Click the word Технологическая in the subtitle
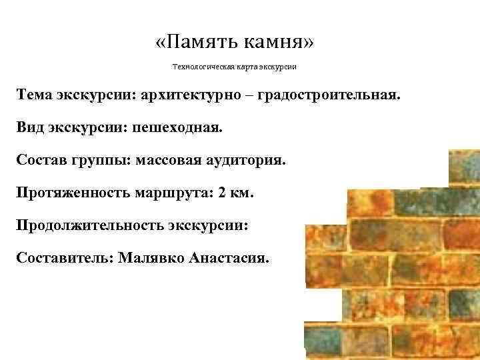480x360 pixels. point(201,67)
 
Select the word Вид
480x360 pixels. point(31,127)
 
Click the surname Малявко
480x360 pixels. point(151,257)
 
